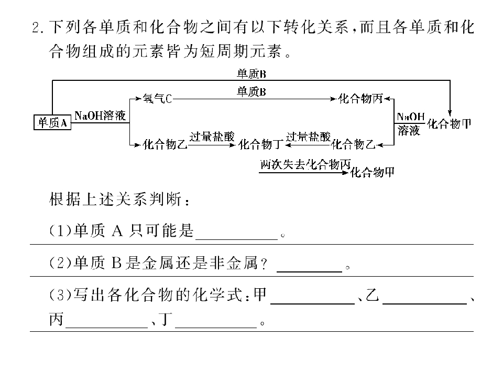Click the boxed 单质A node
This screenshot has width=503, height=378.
pos(52,122)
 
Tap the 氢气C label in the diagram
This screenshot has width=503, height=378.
pos(157,98)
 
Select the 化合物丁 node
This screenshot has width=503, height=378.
pos(261,144)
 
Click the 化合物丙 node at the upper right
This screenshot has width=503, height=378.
pos(360,98)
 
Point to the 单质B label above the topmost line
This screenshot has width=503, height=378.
pos(251,74)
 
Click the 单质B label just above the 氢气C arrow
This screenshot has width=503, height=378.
pos(251,92)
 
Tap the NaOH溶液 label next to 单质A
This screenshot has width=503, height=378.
pos(100,115)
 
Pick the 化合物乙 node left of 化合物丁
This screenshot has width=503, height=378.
pos(165,144)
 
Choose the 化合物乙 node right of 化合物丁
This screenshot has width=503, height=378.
pos(353,144)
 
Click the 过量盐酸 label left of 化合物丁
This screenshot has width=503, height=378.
pos(212,136)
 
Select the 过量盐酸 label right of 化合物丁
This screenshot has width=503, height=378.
pos(308,136)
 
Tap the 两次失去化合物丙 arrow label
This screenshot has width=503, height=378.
pos(305,164)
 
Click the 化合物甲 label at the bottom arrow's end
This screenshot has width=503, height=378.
pos(372,173)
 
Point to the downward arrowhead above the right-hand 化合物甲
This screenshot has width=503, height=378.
pos(450,113)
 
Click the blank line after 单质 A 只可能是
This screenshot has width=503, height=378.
pos(236,239)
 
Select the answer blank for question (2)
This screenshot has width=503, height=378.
pos(309,271)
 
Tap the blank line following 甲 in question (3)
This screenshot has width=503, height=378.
pos(313,303)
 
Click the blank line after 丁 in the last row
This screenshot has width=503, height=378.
pos(216,328)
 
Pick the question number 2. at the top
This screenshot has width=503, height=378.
pos(39,28)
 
